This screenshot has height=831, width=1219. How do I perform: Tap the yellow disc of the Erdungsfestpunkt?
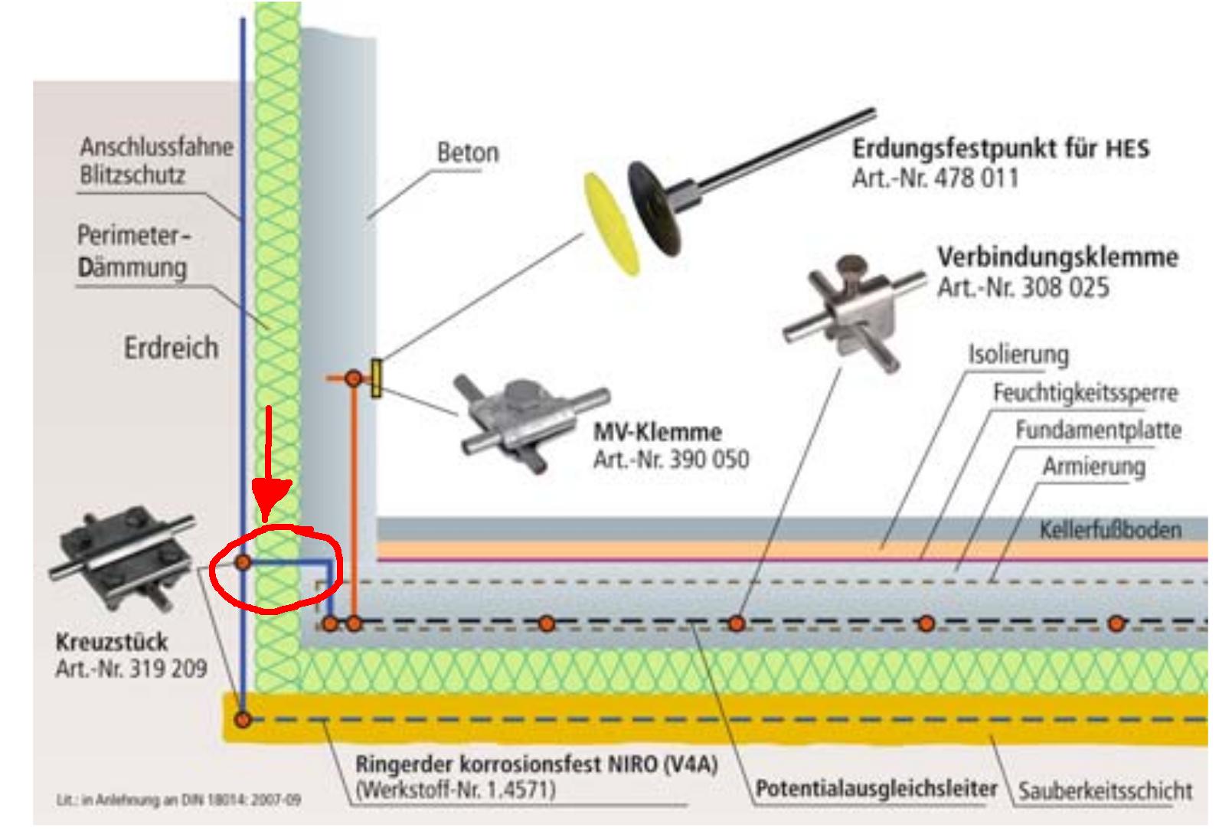coord(612,223)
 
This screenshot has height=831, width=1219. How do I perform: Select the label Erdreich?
coord(171,348)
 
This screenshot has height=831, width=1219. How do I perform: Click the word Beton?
coord(467,152)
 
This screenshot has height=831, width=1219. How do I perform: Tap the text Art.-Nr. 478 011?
coord(935,178)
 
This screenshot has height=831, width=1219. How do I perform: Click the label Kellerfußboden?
coord(1110,530)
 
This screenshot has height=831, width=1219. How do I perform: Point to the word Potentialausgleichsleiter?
coord(876,788)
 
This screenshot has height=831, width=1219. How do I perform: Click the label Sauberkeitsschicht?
coord(1105,790)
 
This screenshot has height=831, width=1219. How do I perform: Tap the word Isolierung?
coord(1018,355)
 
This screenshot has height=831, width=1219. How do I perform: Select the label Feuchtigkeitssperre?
coord(1085,393)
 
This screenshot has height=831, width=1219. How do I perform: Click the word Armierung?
coord(1093,466)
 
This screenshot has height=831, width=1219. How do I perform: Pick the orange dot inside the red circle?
coord(243,563)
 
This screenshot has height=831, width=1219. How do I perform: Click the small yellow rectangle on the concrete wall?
coord(376,378)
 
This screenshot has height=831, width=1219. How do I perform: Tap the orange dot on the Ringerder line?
coord(243,720)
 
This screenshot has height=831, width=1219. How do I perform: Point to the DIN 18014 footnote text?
coord(178,800)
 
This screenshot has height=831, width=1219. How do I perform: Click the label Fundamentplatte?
coord(1098,430)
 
